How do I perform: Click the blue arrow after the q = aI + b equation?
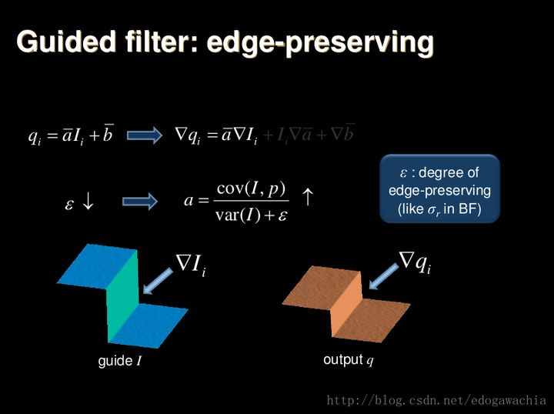pos(144,135)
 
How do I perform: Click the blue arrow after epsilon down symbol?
pos(140,202)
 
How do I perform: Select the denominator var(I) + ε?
pos(250,215)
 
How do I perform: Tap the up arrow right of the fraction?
pos(307,199)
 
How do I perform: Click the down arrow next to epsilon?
pos(88,202)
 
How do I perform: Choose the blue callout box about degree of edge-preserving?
pos(439,189)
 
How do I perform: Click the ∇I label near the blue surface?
pos(192,265)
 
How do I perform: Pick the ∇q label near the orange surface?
pos(415,263)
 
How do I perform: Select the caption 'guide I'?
pos(119,360)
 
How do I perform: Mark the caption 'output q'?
pos(348,359)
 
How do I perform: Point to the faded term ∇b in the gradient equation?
pos(342,135)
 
